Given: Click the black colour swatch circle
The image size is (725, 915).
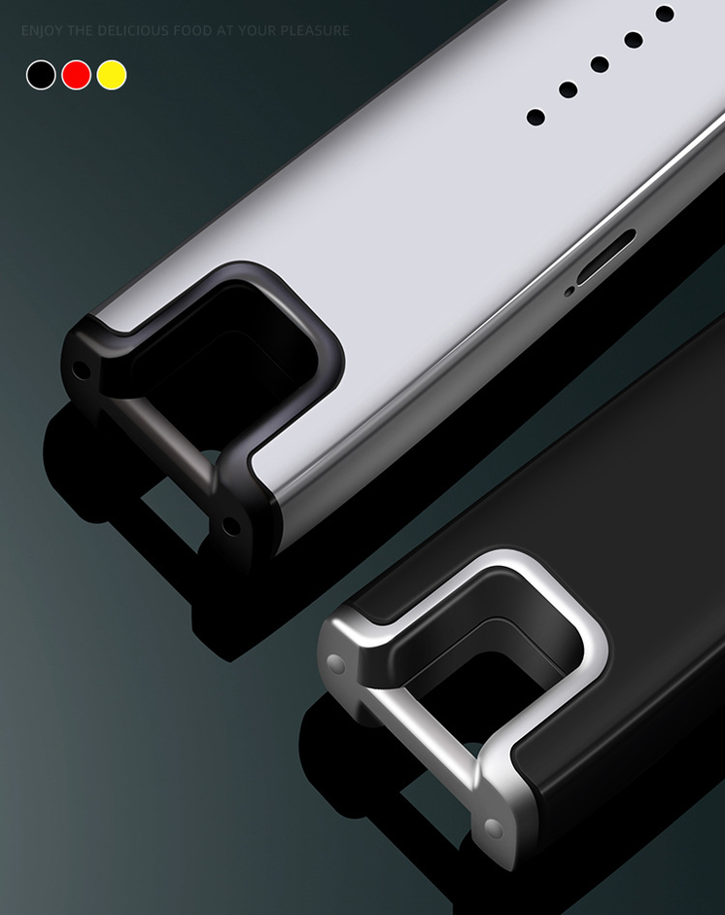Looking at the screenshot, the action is click(41, 75).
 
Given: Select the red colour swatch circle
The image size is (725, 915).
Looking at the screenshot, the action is click(77, 75).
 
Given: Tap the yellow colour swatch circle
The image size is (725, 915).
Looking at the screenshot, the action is click(112, 75).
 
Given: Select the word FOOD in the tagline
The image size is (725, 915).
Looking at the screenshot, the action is click(192, 30).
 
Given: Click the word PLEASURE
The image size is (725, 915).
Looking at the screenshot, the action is click(315, 30).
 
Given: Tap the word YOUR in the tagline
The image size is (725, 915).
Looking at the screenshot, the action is click(258, 30).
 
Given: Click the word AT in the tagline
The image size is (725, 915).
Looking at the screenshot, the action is click(225, 30).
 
